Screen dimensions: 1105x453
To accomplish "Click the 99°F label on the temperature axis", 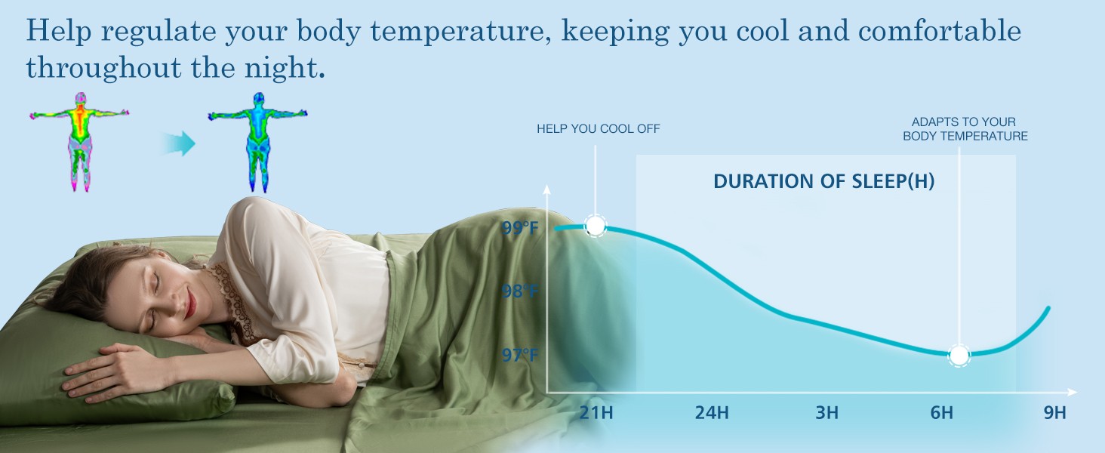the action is pyautogui.click(x=520, y=228).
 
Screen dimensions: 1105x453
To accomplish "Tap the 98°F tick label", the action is pyautogui.click(x=520, y=291).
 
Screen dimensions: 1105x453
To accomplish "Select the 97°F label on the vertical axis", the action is pyautogui.click(x=520, y=355).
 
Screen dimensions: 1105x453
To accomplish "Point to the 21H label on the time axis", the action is pyautogui.click(x=596, y=412).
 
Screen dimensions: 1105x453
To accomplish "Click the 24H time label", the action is pyautogui.click(x=712, y=412).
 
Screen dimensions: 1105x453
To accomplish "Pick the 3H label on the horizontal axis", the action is pyautogui.click(x=826, y=412).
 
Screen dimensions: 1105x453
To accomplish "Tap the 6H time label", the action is pyautogui.click(x=942, y=412).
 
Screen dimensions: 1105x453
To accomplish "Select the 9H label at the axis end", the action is pyautogui.click(x=1054, y=412).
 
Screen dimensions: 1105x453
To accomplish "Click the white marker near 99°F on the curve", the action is pyautogui.click(x=596, y=226).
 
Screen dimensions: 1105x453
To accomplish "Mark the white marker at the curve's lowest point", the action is pyautogui.click(x=959, y=356).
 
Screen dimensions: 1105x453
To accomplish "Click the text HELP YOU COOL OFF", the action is pyautogui.click(x=599, y=129).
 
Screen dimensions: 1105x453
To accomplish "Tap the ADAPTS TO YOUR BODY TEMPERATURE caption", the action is pyautogui.click(x=965, y=129).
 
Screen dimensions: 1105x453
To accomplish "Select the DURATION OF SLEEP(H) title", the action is pyautogui.click(x=823, y=181).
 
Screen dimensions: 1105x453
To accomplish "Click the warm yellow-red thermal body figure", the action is pyautogui.click(x=79, y=142).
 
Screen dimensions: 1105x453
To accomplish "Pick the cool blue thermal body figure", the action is pyautogui.click(x=258, y=142).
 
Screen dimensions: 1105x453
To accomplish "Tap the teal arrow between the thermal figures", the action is pyautogui.click(x=178, y=143).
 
